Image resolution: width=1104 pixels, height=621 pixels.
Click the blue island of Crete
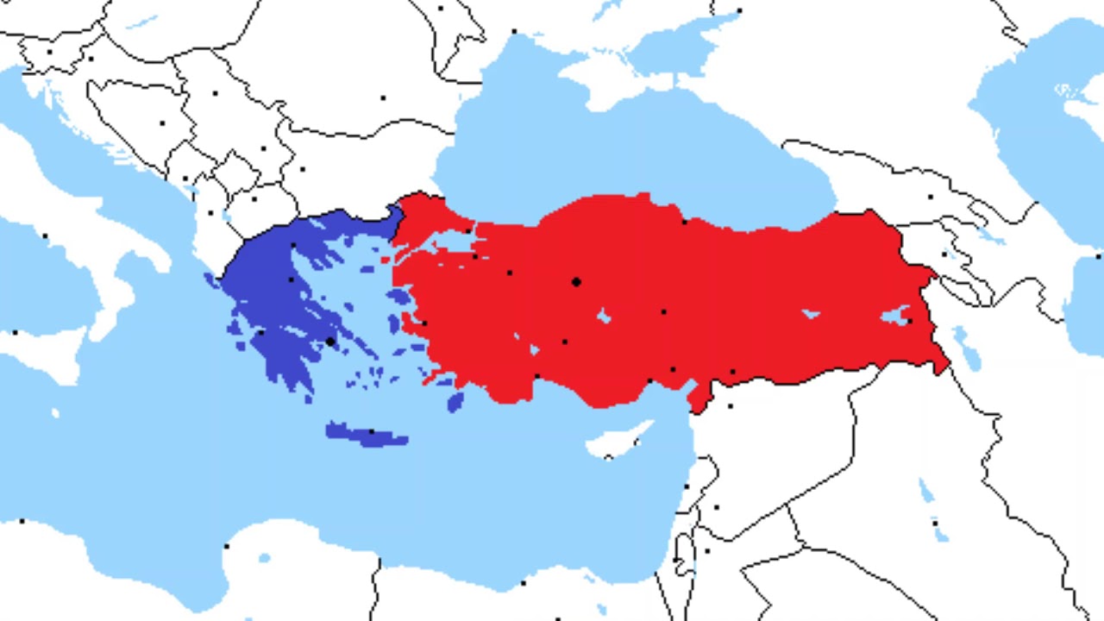(x=367, y=435)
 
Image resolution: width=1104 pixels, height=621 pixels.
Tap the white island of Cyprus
(x=617, y=441)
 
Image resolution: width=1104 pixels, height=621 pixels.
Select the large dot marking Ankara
(x=576, y=282)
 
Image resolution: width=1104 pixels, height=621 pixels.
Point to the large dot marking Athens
(x=330, y=342)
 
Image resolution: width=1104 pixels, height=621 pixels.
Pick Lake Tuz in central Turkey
(x=604, y=317)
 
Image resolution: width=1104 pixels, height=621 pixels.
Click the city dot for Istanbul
(x=468, y=231)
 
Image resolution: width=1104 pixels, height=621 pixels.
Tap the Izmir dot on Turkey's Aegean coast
(x=423, y=323)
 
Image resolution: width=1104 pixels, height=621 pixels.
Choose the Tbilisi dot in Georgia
(x=930, y=197)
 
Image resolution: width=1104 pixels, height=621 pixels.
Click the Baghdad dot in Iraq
(x=934, y=523)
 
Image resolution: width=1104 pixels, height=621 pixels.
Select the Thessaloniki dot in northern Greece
(x=294, y=246)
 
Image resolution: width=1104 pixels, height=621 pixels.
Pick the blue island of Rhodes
(x=455, y=401)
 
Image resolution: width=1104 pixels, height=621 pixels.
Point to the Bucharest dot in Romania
(x=383, y=97)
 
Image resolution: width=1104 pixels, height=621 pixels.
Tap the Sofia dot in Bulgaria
(x=302, y=169)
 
